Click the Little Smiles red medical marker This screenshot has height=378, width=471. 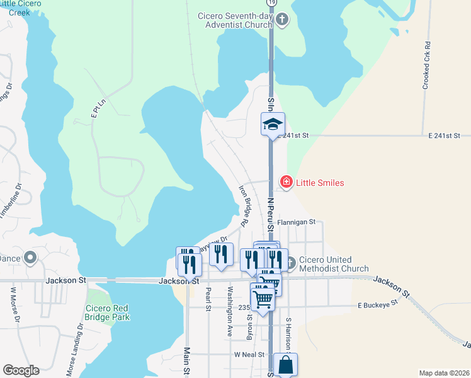click(x=286, y=183)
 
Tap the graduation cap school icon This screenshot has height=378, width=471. click(x=273, y=123)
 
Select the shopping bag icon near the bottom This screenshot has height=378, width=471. click(x=285, y=364)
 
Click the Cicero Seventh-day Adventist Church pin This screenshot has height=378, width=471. click(x=282, y=20)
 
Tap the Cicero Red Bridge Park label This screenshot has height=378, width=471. click(x=108, y=312)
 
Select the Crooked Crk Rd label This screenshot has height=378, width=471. click(x=426, y=65)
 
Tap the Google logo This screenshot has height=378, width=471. click(x=21, y=370)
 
